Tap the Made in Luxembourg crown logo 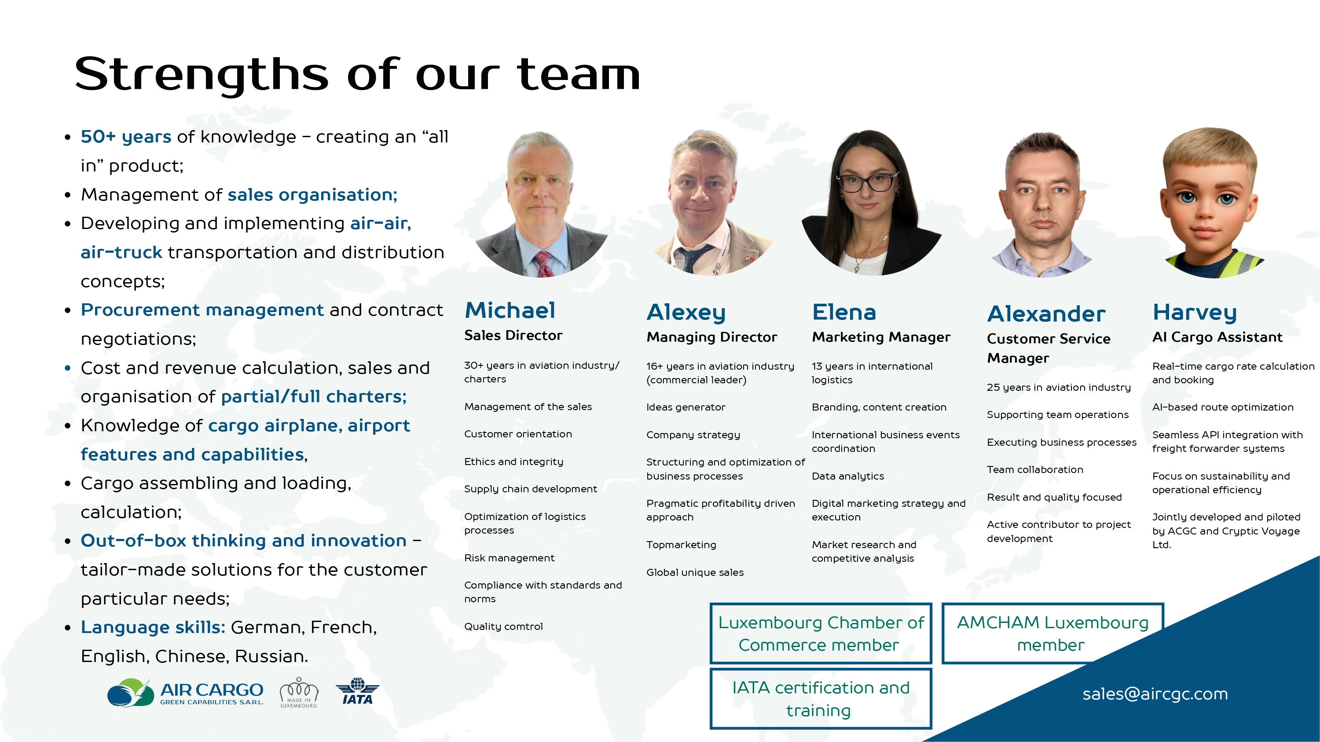pyautogui.click(x=299, y=692)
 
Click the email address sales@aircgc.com pyautogui.click(x=1155, y=694)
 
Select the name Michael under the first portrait pyautogui.click(x=510, y=310)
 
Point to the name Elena pyautogui.click(x=844, y=312)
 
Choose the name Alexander pyautogui.click(x=1046, y=313)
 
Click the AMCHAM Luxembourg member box pyautogui.click(x=1053, y=633)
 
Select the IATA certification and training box pyautogui.click(x=821, y=698)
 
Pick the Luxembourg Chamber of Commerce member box pyautogui.click(x=821, y=633)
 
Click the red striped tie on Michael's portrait pyautogui.click(x=543, y=264)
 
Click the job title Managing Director pyautogui.click(x=712, y=337)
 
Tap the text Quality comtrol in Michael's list pyautogui.click(x=503, y=626)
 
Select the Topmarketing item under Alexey pyautogui.click(x=681, y=545)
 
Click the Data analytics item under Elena pyautogui.click(x=847, y=476)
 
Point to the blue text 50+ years pyautogui.click(x=126, y=137)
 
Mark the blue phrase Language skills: pyautogui.click(x=153, y=627)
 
